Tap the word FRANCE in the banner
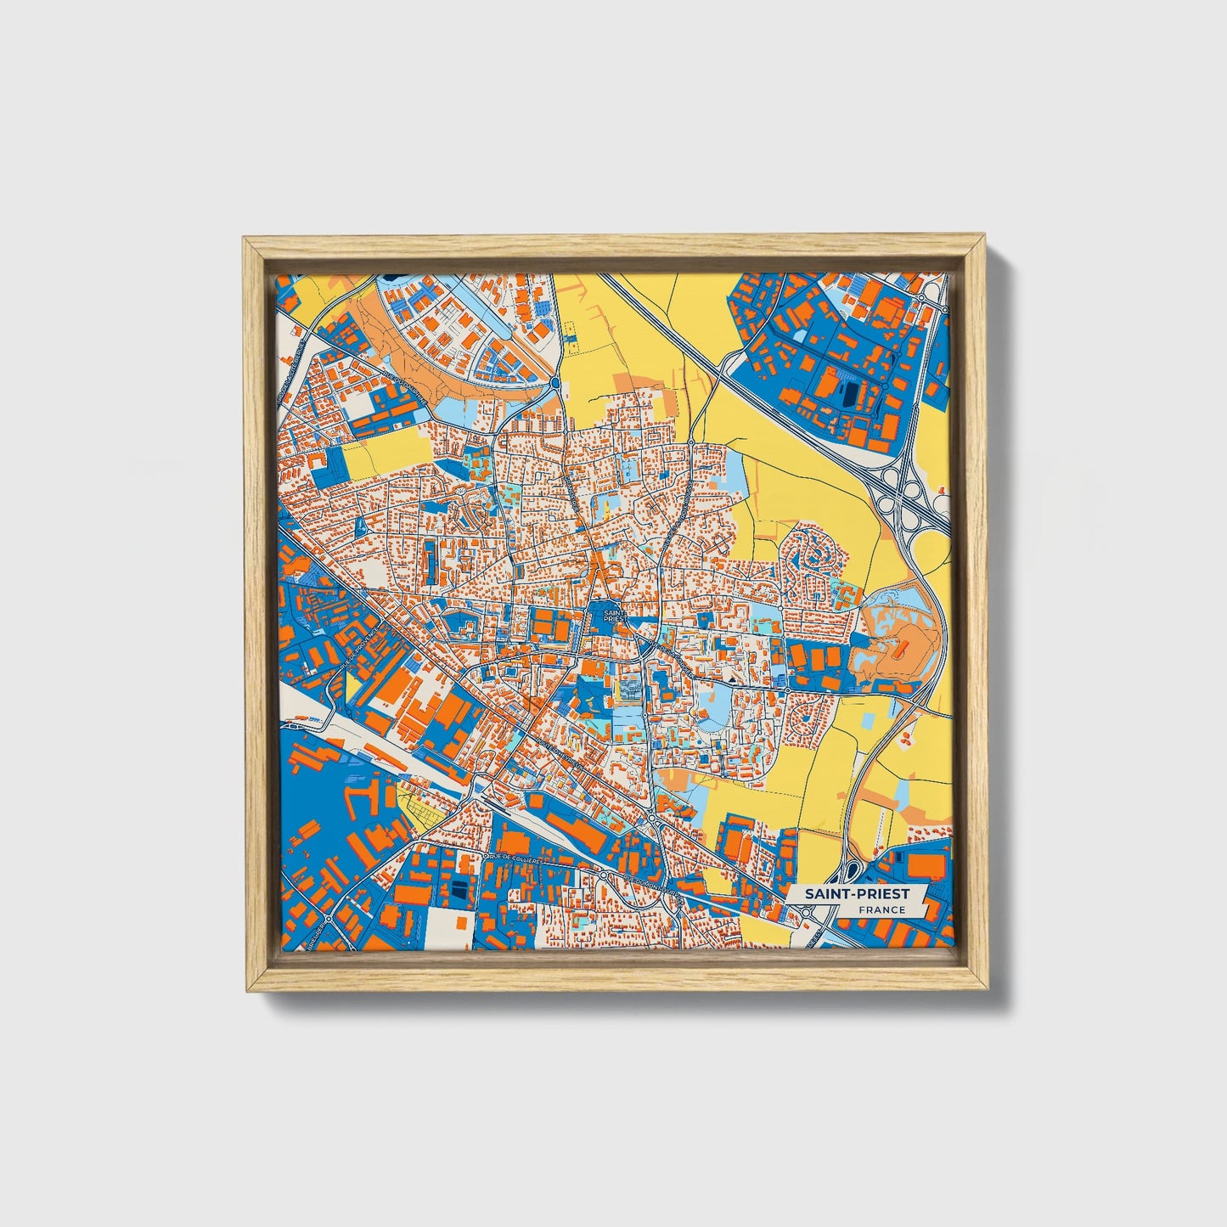coord(881,909)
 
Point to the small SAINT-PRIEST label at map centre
coord(611,616)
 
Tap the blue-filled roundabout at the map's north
coord(554,384)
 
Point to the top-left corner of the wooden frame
coord(244,239)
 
